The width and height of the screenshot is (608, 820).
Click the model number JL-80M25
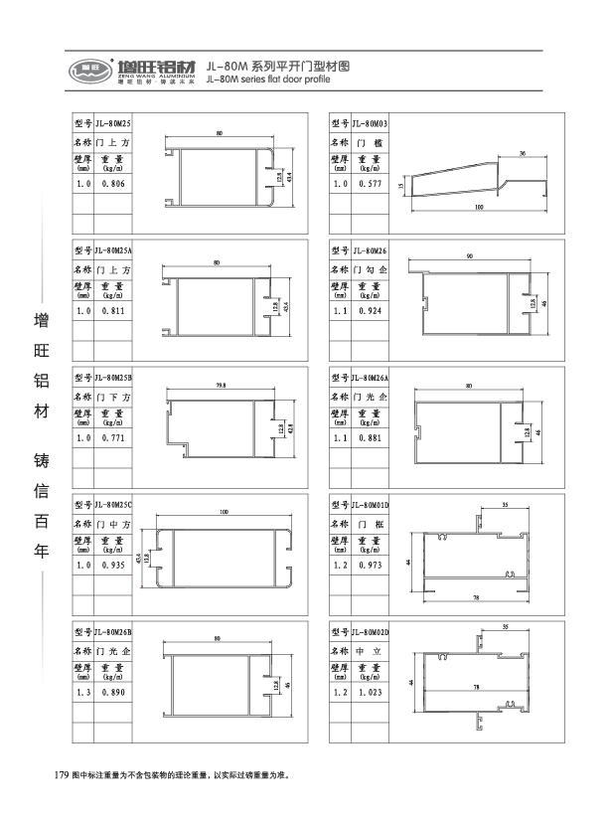pos(113,122)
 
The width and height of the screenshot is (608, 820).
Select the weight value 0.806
pos(112,185)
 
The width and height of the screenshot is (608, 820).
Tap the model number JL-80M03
pos(370,123)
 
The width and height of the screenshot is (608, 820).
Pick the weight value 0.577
pos(370,185)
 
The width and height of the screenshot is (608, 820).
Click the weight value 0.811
pos(112,312)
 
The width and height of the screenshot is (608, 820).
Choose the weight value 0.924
pos(370,312)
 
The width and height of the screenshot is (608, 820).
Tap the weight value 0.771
pos(112,438)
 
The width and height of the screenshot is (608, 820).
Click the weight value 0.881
pos(370,438)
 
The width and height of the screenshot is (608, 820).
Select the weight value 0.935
pos(112,565)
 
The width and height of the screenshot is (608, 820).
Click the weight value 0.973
pos(370,565)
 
